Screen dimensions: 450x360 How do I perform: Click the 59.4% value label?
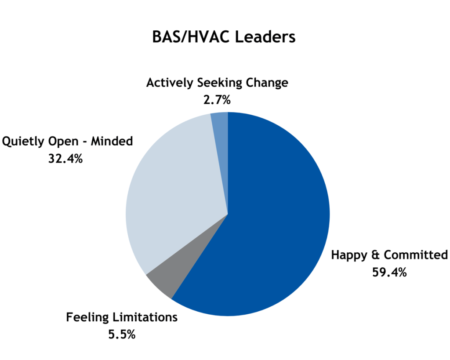click(389, 272)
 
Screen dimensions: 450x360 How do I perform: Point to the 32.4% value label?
click(65, 159)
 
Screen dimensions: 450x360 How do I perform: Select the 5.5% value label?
click(122, 335)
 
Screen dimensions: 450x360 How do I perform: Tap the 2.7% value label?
click(217, 100)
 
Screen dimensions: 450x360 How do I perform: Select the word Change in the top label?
click(267, 83)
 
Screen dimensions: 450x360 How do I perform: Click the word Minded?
click(112, 141)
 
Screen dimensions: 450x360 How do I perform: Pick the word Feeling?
click(87, 317)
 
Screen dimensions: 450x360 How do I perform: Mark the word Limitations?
click(145, 317)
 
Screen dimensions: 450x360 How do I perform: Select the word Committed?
click(416, 255)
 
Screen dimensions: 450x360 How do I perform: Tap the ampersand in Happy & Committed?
click(376, 255)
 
